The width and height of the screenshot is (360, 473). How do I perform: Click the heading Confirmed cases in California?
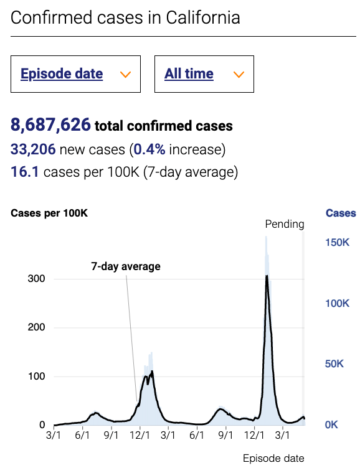pos(125,17)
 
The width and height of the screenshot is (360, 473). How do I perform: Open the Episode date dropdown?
pos(75,74)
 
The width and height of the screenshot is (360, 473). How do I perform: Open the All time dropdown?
pos(204,74)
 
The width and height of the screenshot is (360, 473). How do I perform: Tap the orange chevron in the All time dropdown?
pos(238,75)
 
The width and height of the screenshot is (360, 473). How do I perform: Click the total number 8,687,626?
pos(50,125)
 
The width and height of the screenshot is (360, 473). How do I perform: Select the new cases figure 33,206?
pos(33,149)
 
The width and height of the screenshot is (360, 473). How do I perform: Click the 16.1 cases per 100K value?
pos(25,172)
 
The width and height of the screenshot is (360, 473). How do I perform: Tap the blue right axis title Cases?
pos(341,213)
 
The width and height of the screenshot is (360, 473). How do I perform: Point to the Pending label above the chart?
pos(285,224)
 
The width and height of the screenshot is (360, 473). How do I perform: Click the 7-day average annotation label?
pos(126,266)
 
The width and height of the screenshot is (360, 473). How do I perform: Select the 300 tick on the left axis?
pos(36,279)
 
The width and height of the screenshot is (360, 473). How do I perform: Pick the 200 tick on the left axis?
pos(36,328)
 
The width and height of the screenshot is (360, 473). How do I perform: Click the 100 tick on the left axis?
pos(36,377)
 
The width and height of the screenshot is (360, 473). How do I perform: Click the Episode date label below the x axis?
pos(273,459)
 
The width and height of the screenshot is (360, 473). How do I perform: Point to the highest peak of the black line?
pos(267,276)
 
